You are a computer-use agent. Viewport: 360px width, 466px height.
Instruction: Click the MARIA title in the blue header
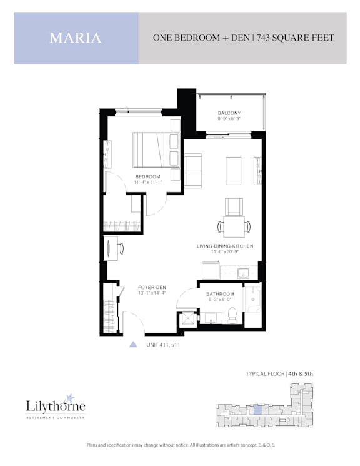click(76, 38)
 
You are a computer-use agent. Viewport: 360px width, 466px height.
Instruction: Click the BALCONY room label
click(229, 113)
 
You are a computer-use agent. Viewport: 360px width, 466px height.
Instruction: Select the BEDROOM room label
click(147, 176)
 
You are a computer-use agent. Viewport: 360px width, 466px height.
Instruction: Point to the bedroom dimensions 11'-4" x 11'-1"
click(147, 182)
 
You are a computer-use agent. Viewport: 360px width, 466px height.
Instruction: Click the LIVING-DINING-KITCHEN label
click(225, 246)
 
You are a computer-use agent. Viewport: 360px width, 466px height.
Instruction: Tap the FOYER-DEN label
click(152, 287)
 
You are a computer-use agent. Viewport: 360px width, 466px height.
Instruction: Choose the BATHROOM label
click(220, 294)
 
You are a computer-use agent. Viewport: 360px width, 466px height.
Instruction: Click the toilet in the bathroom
click(232, 316)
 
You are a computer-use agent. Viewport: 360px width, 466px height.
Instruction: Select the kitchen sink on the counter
click(244, 273)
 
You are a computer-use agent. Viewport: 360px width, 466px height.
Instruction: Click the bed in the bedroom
click(156, 149)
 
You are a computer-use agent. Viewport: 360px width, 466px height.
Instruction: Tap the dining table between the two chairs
click(234, 227)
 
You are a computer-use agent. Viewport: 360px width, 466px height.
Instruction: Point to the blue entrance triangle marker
click(133, 344)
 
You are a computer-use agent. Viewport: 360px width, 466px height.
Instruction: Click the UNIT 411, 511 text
click(163, 345)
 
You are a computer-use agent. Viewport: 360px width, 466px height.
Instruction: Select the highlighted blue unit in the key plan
click(258, 410)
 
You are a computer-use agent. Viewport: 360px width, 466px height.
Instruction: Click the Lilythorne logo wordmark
click(56, 405)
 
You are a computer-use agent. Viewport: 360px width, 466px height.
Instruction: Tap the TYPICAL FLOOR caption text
click(265, 373)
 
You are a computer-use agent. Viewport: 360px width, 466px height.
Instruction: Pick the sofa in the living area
click(192, 171)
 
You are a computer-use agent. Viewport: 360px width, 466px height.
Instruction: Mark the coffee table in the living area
click(234, 171)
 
